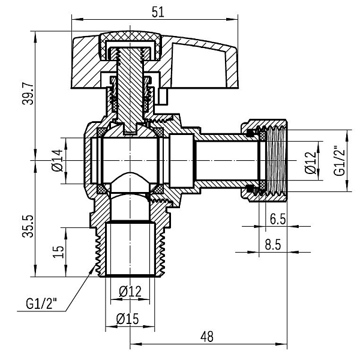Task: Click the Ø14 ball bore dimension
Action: [x=58, y=161]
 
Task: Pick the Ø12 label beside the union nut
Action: [x=310, y=161]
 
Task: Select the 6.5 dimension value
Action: [x=277, y=220]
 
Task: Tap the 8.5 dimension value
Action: [x=277, y=244]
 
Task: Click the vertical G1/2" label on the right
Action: [x=340, y=161]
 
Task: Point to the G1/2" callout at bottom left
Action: [x=41, y=304]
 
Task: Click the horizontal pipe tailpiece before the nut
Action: [x=225, y=161]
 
